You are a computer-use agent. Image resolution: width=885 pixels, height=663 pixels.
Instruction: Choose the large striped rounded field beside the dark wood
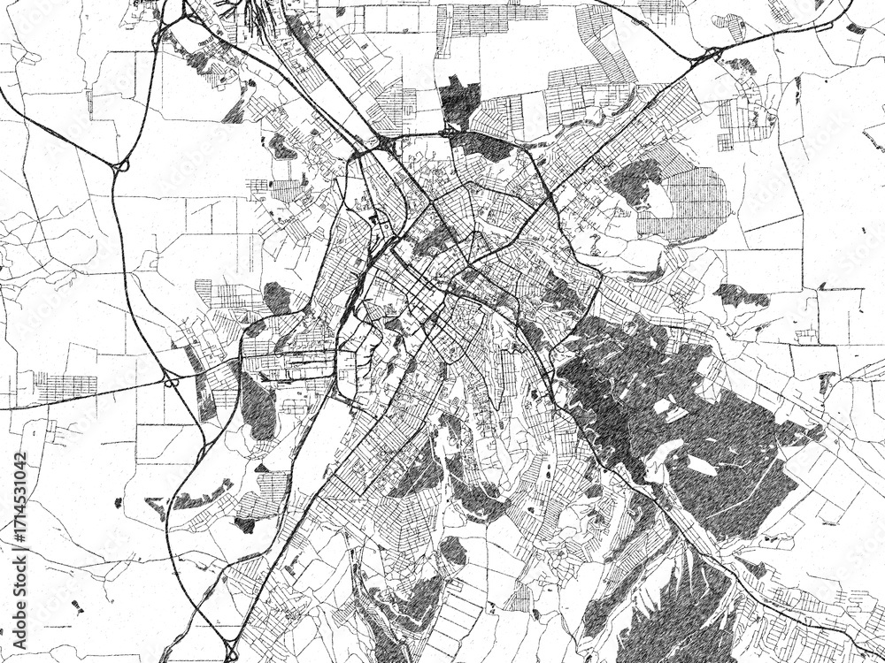(696, 203)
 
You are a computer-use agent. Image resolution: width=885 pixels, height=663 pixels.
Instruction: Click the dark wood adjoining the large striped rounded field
(634, 182)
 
